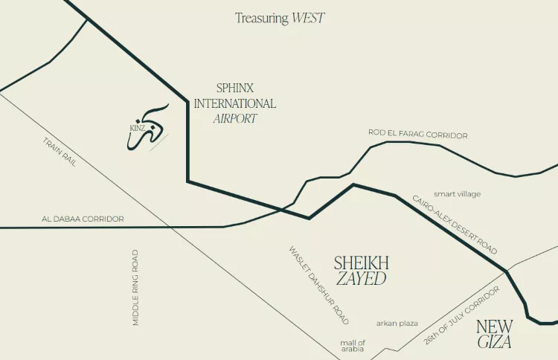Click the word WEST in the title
point(308,18)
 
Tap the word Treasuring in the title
point(261,18)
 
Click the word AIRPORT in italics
point(235,118)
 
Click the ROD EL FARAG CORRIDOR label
point(417,135)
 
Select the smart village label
point(458,194)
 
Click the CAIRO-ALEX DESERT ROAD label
point(455,225)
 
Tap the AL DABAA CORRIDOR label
point(83,219)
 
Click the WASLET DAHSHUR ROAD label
point(318,284)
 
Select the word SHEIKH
point(361,263)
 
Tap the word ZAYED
point(362,279)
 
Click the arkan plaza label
point(397,323)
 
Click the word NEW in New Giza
point(495,326)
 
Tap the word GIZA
point(495,342)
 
